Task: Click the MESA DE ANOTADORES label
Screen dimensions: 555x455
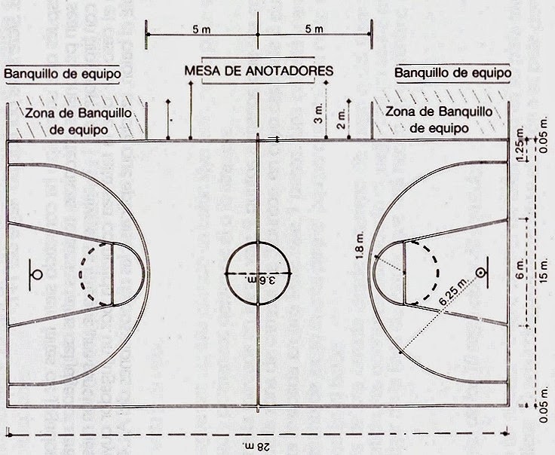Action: coord(259,71)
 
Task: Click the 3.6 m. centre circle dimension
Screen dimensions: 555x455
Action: coord(259,279)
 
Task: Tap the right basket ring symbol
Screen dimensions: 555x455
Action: coord(481,271)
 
